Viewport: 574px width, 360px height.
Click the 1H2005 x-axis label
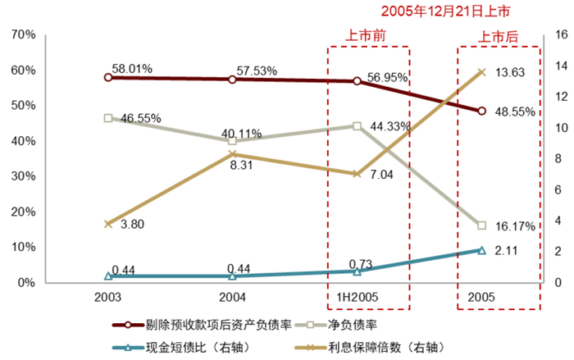click(x=357, y=296)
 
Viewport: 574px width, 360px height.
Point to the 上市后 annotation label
click(x=499, y=36)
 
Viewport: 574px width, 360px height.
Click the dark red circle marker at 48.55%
click(x=481, y=111)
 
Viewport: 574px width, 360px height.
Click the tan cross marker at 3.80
click(x=108, y=224)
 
